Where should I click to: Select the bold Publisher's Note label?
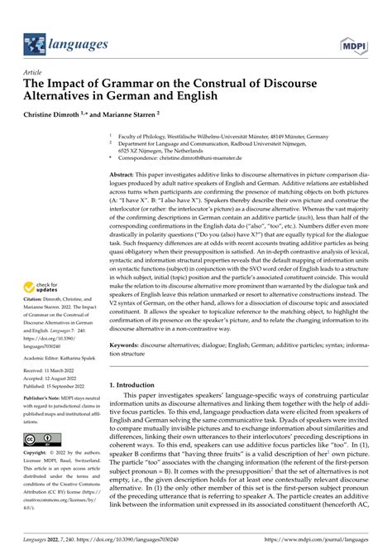(x=46, y=398)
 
